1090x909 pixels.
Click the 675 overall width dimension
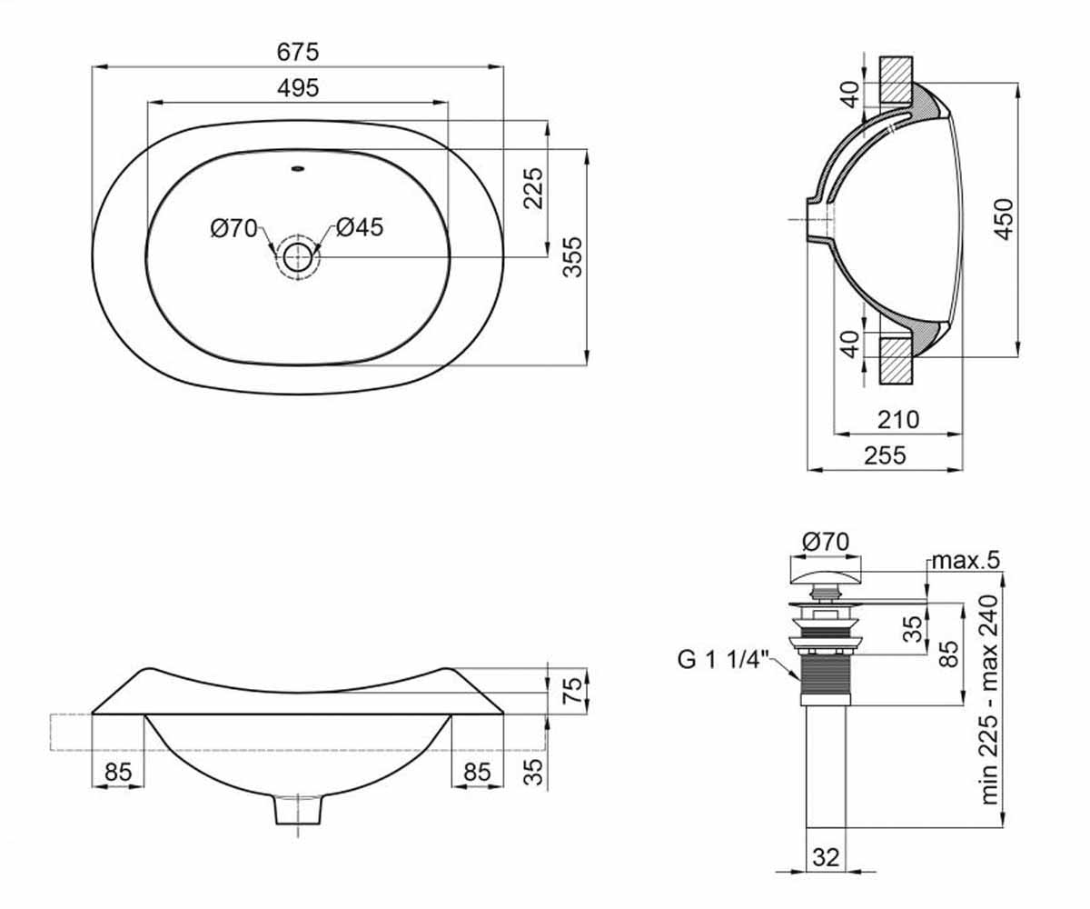[x=298, y=52]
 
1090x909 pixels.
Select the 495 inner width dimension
[x=298, y=88]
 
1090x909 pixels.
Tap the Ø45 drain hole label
[x=359, y=227]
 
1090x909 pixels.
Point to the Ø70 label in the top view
[x=233, y=228]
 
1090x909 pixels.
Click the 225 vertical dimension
[x=533, y=188]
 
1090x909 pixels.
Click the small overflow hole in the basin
[x=298, y=168]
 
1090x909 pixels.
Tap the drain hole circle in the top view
[x=298, y=257]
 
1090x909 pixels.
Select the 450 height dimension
[x=1004, y=219]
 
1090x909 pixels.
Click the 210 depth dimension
[x=898, y=419]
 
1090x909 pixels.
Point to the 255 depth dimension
[x=885, y=455]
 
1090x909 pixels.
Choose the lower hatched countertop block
[x=897, y=361]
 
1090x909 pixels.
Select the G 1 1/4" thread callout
[x=724, y=659]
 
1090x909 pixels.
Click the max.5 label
[x=966, y=561]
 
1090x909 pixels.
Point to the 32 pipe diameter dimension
[x=826, y=857]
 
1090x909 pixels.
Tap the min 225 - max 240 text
[x=989, y=700]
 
